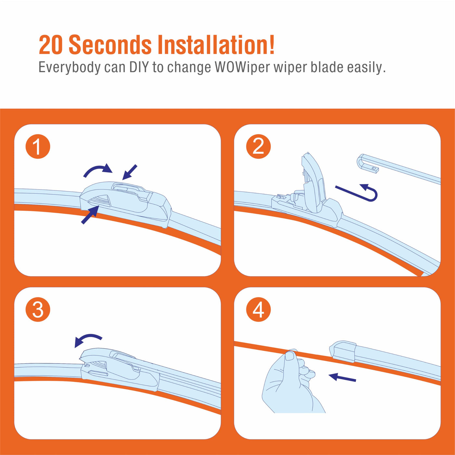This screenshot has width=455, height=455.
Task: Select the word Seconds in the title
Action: tap(110, 45)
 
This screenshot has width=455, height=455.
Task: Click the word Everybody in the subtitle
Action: tap(70, 68)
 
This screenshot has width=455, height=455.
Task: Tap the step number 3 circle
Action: tap(38, 309)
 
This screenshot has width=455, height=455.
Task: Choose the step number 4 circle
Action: tap(258, 309)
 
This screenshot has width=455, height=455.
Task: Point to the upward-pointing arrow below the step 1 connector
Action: tap(90, 214)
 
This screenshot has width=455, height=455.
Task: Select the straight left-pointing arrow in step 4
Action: tap(342, 377)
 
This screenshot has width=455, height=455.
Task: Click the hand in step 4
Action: tap(292, 383)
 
